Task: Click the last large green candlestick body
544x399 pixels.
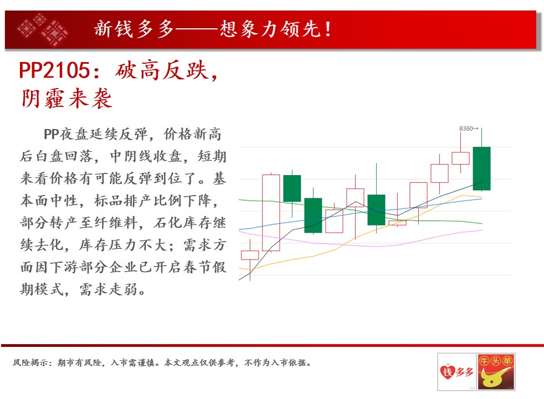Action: [x=481, y=168]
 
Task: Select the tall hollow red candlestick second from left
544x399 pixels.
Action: [x=271, y=213]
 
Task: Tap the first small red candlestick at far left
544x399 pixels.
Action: [x=250, y=255]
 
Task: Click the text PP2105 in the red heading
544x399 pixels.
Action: [x=54, y=70]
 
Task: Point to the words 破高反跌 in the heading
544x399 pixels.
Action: [x=162, y=70]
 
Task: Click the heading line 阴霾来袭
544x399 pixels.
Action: [x=66, y=98]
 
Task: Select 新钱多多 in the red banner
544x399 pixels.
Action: [x=134, y=29]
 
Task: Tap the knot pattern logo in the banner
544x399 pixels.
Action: [x=43, y=29]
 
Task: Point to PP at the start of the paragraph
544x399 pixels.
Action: [x=52, y=135]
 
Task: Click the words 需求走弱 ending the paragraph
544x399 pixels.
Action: [x=108, y=289]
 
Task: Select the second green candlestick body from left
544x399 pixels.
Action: [x=313, y=215]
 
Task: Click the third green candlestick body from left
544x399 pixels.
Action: [x=376, y=210]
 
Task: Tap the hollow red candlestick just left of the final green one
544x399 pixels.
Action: [x=460, y=158]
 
